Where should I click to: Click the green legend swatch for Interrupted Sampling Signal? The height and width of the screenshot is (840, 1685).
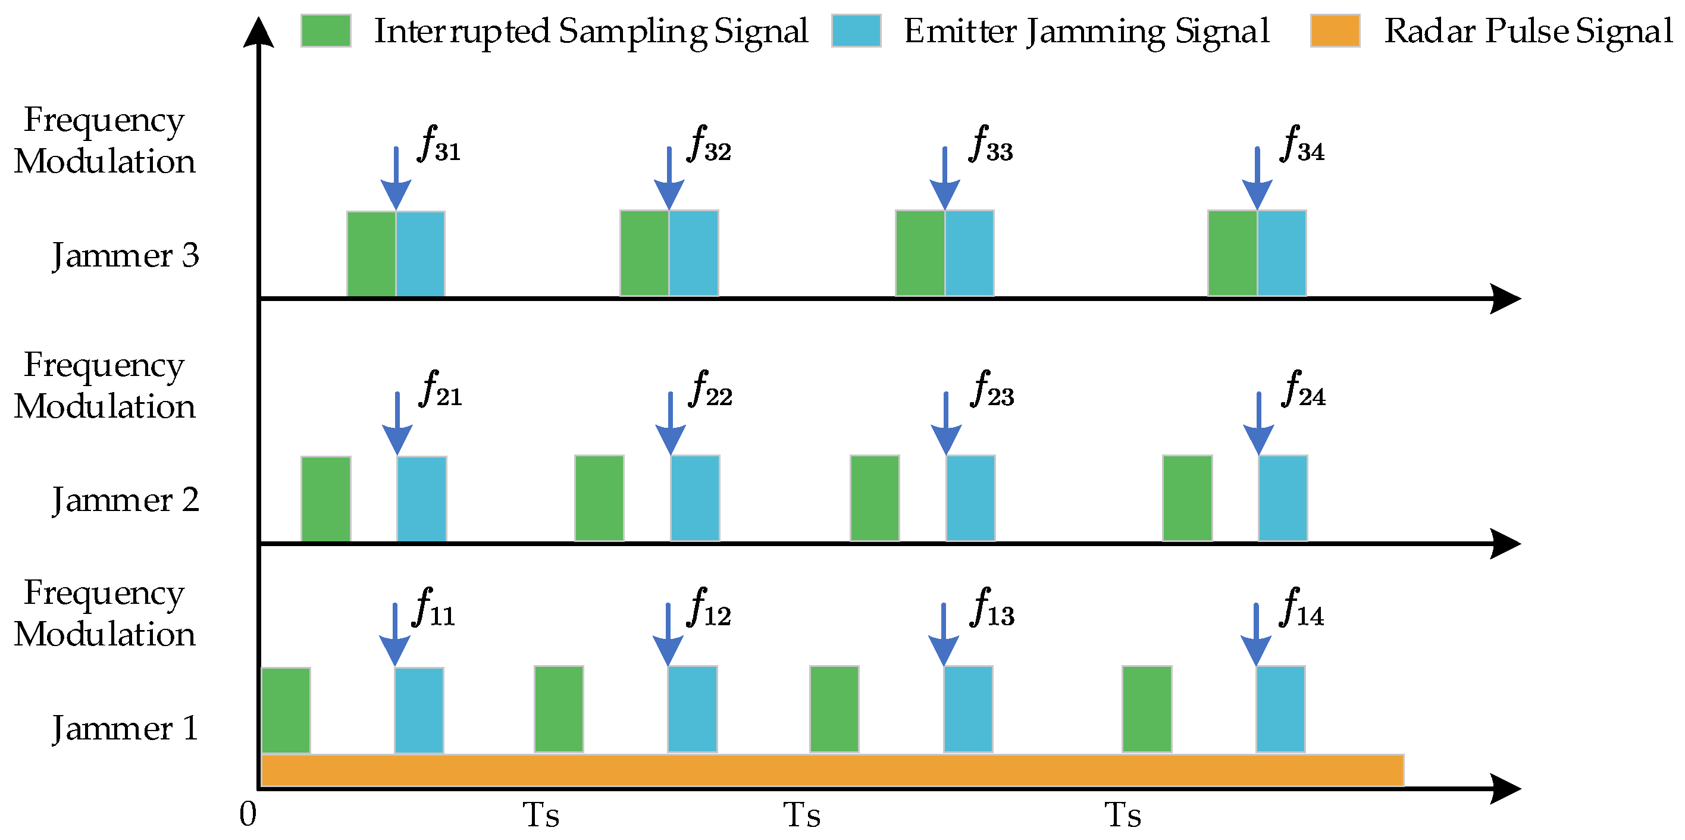325,31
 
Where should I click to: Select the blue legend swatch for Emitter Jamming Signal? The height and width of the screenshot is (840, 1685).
856,31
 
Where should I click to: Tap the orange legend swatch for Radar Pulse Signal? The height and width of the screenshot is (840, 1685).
1335,31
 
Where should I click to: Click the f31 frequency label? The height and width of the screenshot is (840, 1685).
440,144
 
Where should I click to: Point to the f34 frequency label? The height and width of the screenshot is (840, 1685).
1303,144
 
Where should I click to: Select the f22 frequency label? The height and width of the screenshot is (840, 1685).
710,389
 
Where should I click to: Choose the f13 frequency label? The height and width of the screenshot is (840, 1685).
993,608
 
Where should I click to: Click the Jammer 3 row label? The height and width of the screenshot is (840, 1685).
126,255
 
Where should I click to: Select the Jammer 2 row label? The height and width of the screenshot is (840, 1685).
126,500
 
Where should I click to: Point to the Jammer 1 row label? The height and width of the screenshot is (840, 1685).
126,728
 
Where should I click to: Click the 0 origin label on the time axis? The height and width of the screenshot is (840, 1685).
248,814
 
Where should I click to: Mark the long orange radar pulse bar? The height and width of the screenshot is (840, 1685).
832,770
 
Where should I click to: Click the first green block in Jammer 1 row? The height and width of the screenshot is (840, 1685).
286,710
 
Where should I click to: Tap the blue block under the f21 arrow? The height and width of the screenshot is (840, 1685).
422,499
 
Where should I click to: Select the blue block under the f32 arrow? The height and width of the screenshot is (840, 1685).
693,253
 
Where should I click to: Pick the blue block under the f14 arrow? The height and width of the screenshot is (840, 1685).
1280,709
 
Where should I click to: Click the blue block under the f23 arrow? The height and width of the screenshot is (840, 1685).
970,499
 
